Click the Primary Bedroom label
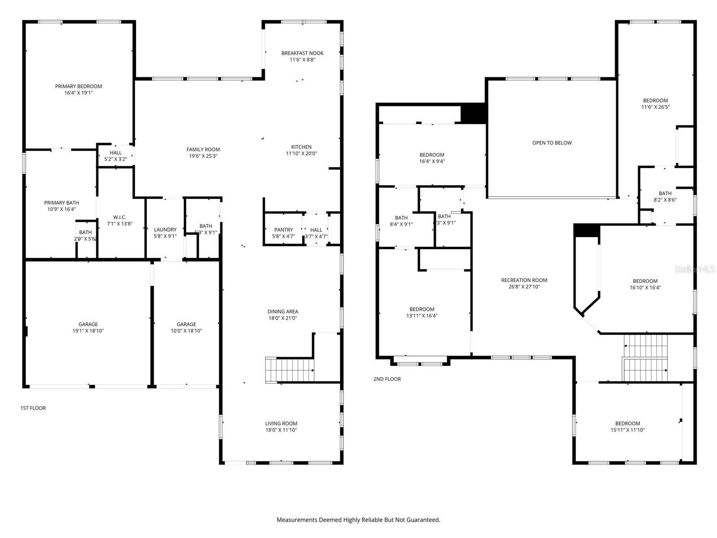click(78, 87)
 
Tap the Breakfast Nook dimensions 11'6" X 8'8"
click(302, 60)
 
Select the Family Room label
click(203, 150)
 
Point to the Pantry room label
click(283, 230)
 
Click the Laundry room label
click(165, 230)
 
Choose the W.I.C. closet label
click(119, 217)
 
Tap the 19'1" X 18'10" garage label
click(88, 328)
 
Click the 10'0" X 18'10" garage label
click(186, 328)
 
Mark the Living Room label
click(281, 424)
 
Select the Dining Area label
click(282, 312)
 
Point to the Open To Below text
click(552, 143)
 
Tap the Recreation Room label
click(524, 280)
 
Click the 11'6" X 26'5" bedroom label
click(655, 104)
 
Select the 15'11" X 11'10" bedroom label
click(627, 427)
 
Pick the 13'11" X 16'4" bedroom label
click(422, 312)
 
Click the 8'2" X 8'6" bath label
click(665, 197)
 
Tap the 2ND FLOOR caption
click(387, 379)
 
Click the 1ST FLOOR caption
click(33, 408)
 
